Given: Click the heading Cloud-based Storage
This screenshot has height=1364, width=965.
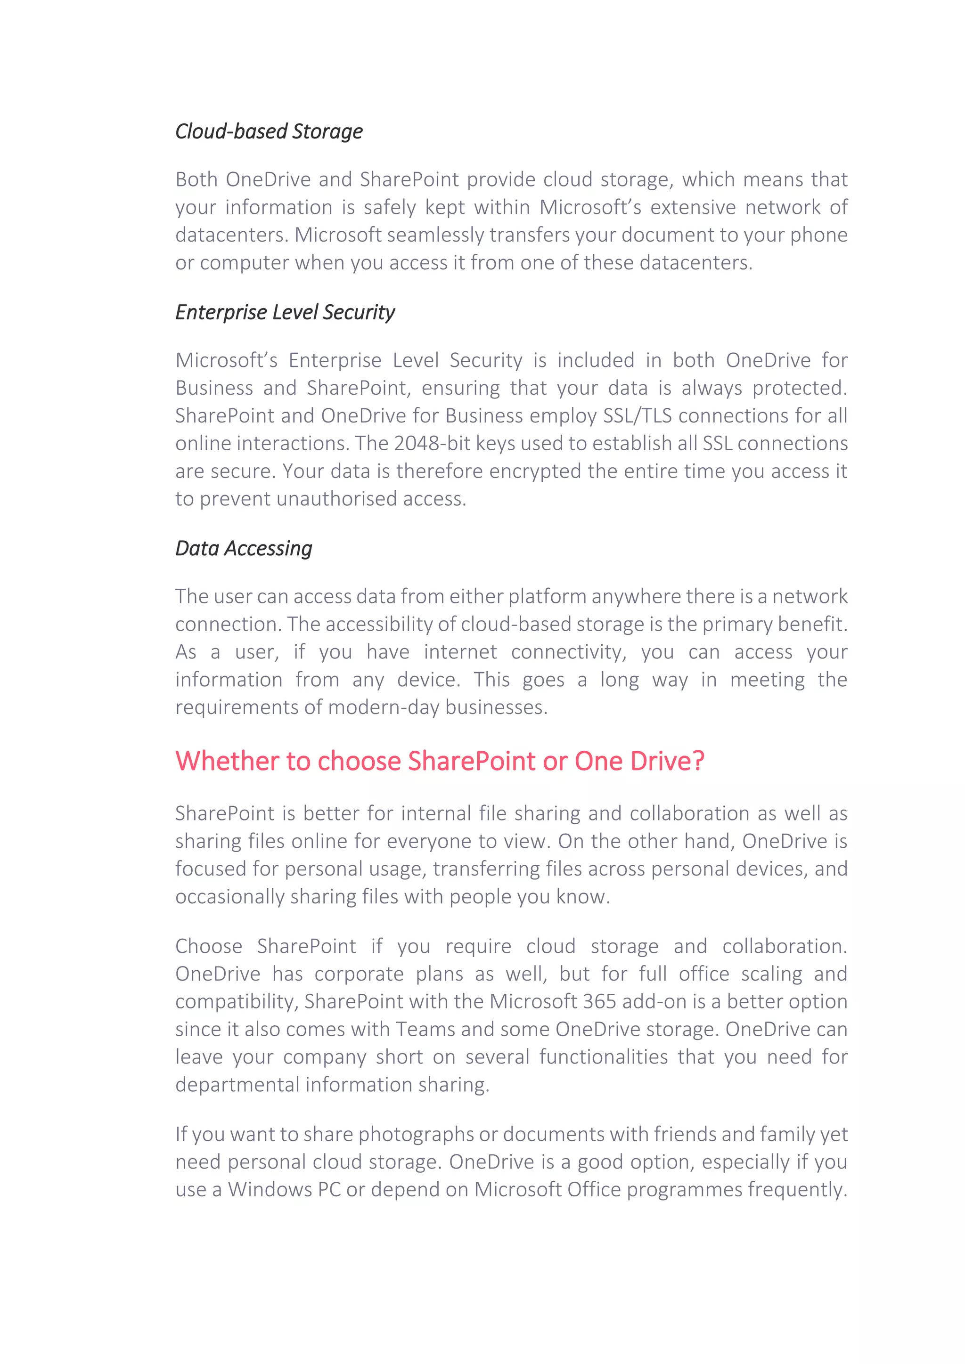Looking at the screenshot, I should coord(269,131).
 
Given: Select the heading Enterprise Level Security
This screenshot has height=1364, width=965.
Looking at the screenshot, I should coord(285,312).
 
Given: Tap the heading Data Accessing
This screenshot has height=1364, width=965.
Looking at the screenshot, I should coord(244,548).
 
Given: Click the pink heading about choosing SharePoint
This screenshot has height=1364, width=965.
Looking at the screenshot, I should coord(440,761).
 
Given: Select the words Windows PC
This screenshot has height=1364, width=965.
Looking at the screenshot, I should coord(284,1190).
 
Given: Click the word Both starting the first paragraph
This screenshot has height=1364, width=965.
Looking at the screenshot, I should coord(196,179).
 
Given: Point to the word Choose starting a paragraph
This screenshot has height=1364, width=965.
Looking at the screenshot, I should coord(209,946).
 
